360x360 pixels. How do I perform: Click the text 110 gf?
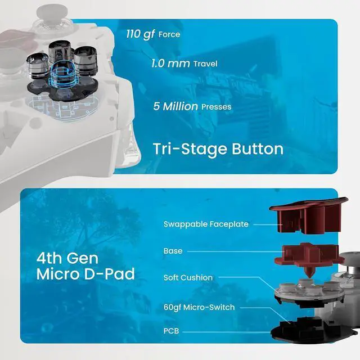click(x=141, y=34)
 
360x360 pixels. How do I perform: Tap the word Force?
click(x=169, y=34)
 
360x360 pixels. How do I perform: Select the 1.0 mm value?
click(x=170, y=63)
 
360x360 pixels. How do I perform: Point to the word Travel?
click(x=205, y=64)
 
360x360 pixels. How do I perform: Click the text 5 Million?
click(x=175, y=106)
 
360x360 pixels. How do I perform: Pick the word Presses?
click(x=216, y=107)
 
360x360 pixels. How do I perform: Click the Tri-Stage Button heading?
click(x=218, y=149)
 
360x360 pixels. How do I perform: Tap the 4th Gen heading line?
click(x=67, y=258)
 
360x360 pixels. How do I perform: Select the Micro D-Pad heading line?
click(x=85, y=274)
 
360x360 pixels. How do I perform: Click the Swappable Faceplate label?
click(x=206, y=224)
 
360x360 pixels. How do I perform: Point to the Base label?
click(x=173, y=251)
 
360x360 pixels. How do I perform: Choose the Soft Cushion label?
click(x=188, y=278)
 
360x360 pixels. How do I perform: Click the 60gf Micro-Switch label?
click(x=199, y=307)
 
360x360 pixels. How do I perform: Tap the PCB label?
click(x=171, y=331)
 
